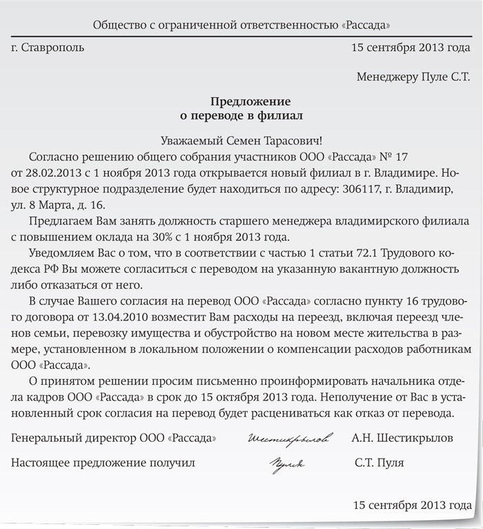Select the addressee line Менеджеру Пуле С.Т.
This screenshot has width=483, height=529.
click(413, 77)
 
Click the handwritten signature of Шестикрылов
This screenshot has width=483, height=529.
click(289, 439)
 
